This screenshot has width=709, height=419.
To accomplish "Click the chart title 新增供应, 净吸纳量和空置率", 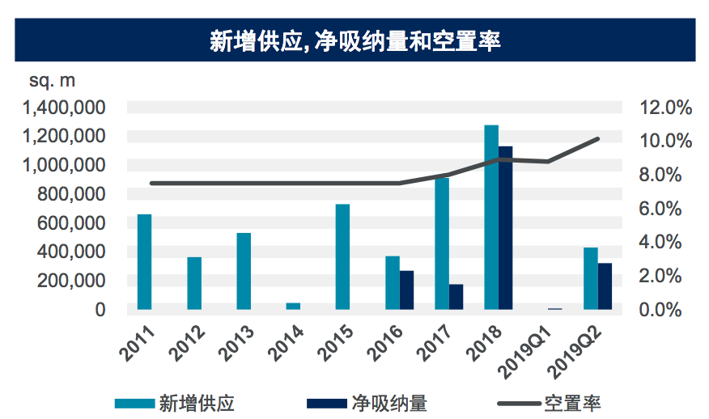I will tap(354, 40).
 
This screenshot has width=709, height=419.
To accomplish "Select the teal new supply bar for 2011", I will tap(144, 261).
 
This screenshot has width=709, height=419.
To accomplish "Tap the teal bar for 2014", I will tap(293, 306).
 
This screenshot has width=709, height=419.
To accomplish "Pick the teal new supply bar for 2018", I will tap(491, 217).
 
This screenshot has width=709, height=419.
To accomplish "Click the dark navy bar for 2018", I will tap(506, 227).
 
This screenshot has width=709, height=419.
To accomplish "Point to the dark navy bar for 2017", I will tap(456, 296).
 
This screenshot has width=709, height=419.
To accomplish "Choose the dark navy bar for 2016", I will tap(406, 290).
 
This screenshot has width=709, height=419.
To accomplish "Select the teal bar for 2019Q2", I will tap(591, 277).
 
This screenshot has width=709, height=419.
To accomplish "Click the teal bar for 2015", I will tap(342, 256).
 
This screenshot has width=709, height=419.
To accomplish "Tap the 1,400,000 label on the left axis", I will tap(65, 107).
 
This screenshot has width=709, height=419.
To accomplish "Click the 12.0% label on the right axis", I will tap(665, 107).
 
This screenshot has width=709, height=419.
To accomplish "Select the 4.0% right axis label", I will tap(665, 241).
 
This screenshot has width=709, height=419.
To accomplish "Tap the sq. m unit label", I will tap(52, 81).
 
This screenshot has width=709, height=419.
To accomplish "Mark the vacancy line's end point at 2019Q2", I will tap(598, 139).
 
